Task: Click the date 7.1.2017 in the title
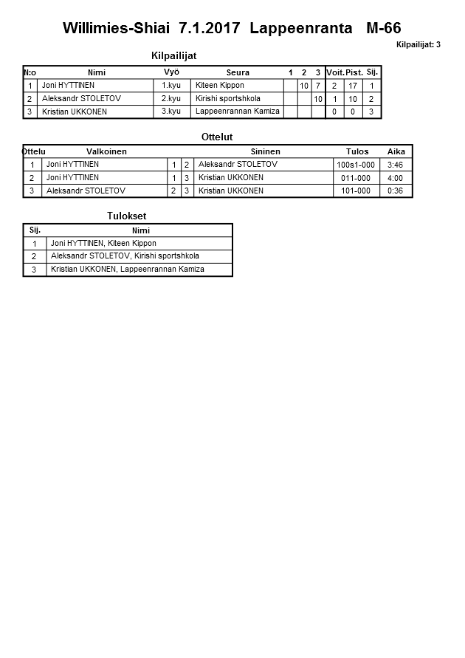[x=210, y=29]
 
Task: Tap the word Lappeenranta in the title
[x=301, y=29]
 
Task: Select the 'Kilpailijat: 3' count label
[x=418, y=44]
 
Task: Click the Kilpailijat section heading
[x=173, y=55]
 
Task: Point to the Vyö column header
[x=171, y=72]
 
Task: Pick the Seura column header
[x=238, y=72]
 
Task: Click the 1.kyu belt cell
[x=171, y=86]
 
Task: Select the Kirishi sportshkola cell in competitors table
[x=228, y=99]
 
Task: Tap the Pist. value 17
[x=353, y=86]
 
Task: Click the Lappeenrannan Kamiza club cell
[x=238, y=112]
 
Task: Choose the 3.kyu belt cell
[x=171, y=112]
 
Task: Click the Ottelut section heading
[x=217, y=137]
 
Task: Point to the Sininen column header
[x=265, y=151]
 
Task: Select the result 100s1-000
[x=356, y=165]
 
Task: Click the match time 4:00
[x=395, y=178]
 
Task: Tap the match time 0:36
[x=395, y=191]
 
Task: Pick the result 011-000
[x=356, y=178]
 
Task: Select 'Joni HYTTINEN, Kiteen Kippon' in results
[x=103, y=243]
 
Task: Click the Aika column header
[x=396, y=151]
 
